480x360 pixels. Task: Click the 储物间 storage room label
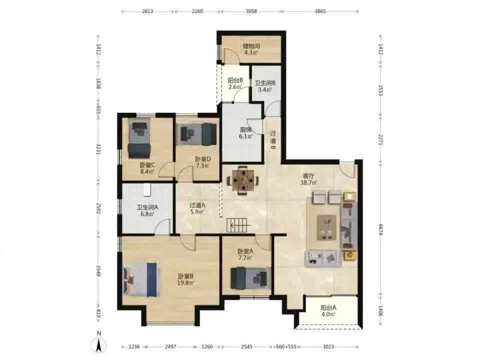[x=251, y=46]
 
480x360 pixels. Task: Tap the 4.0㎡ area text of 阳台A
[x=328, y=314]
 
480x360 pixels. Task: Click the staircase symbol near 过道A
[x=239, y=226]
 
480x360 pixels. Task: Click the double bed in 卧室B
[x=141, y=279]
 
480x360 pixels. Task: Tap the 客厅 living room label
[x=308, y=176]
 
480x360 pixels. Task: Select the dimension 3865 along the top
[x=320, y=11]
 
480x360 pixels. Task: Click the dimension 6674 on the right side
[x=381, y=229]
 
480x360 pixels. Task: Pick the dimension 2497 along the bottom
[x=170, y=347]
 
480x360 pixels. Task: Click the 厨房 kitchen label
[x=245, y=129]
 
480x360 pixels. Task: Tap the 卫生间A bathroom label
[x=147, y=207]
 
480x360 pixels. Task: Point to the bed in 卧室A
[x=250, y=278]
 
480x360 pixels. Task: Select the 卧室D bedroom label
[x=203, y=159]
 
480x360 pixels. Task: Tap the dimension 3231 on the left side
[x=98, y=149]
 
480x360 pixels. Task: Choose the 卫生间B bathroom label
[x=265, y=82]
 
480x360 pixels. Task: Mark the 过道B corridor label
[x=273, y=140]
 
